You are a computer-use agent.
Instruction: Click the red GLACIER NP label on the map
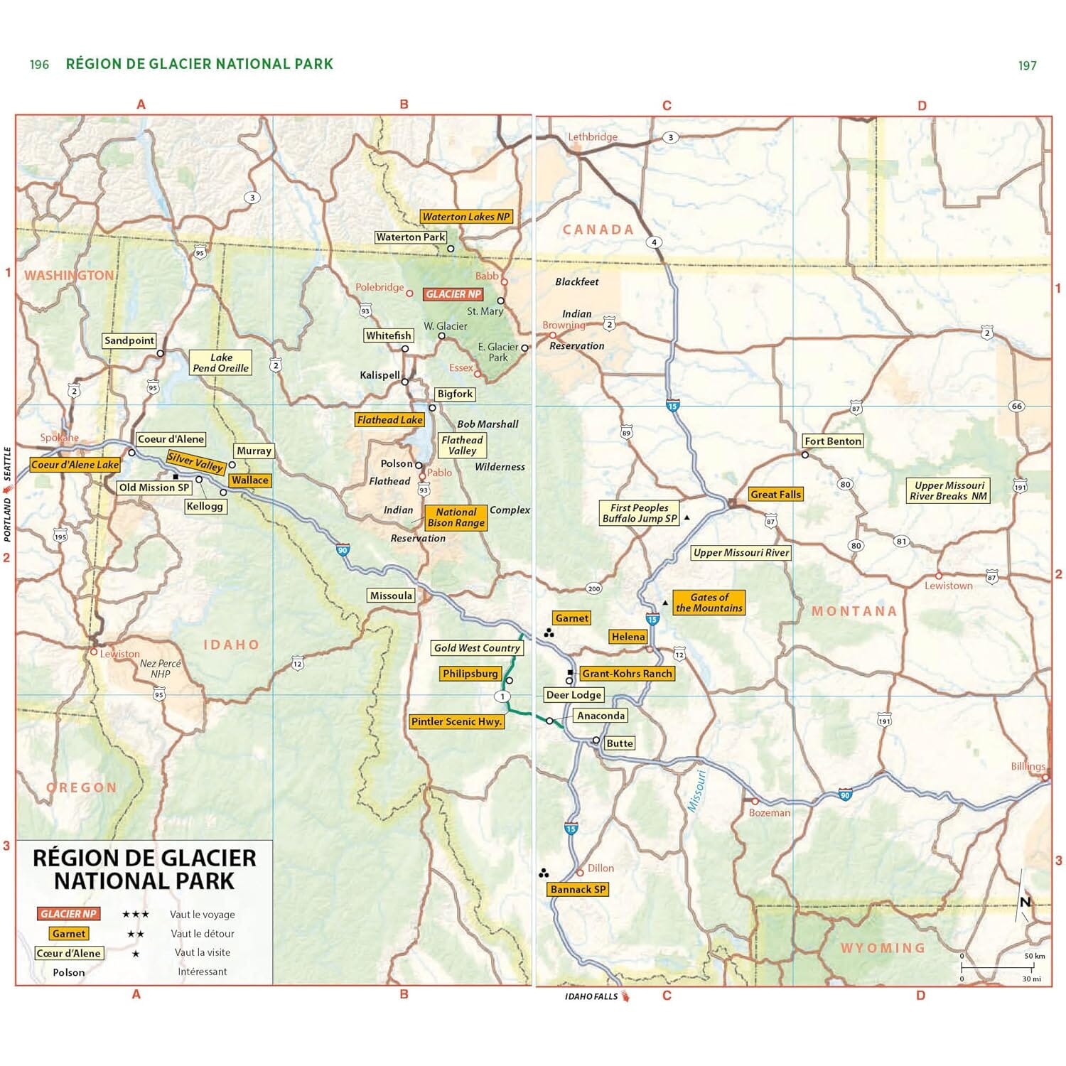453,294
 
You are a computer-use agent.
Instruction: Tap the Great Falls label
775,494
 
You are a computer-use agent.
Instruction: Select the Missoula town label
391,596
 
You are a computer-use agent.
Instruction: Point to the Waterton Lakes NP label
466,217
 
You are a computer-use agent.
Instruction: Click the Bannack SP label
578,889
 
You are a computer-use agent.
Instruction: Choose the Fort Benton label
833,441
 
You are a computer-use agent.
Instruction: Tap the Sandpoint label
129,340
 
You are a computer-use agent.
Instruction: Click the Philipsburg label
470,673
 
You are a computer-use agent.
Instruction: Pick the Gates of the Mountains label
709,603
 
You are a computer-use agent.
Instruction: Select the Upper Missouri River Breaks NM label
948,490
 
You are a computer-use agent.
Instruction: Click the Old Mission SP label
154,488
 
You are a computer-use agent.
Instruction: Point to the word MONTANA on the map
854,611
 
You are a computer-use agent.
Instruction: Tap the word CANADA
598,230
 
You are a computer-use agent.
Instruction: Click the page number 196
39,65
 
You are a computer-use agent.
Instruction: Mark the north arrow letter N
1025,902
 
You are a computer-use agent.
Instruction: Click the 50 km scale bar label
1034,956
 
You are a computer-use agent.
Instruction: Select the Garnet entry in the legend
69,934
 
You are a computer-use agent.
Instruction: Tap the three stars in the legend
136,915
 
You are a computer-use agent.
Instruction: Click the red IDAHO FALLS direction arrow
625,996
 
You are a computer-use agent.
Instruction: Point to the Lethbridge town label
593,136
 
